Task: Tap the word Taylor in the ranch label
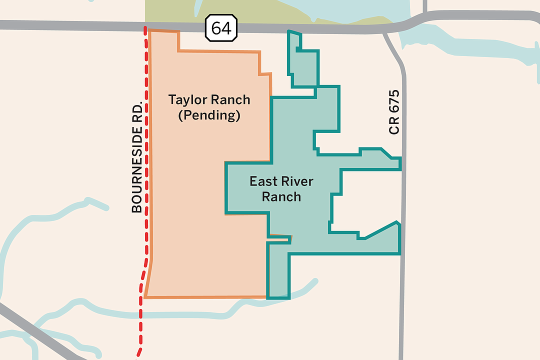[x=187, y=99]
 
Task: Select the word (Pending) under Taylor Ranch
[x=209, y=116]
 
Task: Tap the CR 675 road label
[x=394, y=112]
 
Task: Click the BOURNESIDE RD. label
[x=137, y=156]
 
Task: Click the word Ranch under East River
[x=281, y=196]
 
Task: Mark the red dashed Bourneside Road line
[x=146, y=200]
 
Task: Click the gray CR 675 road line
[x=403, y=300]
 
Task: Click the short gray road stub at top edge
[x=424, y=6]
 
